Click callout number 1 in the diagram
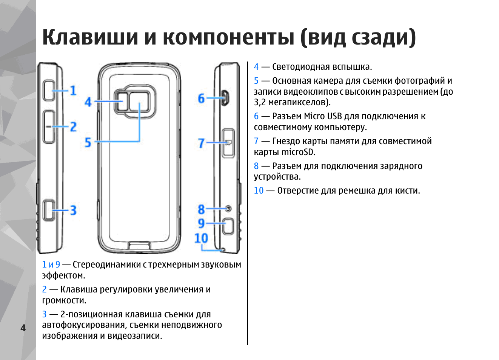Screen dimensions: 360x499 pyautogui.click(x=73, y=91)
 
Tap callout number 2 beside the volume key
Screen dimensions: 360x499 pyautogui.click(x=73, y=126)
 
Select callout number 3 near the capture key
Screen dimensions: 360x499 pyautogui.click(x=73, y=210)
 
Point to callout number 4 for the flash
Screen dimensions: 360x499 pyautogui.click(x=88, y=102)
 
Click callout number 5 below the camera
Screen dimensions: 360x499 pyautogui.click(x=88, y=142)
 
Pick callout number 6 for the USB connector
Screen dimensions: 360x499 pyautogui.click(x=201, y=98)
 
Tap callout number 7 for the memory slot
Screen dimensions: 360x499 pyautogui.click(x=201, y=143)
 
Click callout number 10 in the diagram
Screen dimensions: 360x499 pyautogui.click(x=201, y=238)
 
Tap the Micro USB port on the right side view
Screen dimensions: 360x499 pyautogui.click(x=225, y=98)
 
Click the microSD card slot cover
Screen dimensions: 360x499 pyautogui.click(x=228, y=143)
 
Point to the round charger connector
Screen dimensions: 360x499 pyautogui.click(x=228, y=209)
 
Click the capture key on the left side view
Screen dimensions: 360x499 pyautogui.click(x=48, y=210)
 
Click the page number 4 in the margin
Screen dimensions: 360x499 pyautogui.click(x=23, y=328)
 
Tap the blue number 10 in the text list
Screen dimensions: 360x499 pyautogui.click(x=259, y=191)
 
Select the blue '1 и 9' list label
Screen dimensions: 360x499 pyautogui.click(x=51, y=265)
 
